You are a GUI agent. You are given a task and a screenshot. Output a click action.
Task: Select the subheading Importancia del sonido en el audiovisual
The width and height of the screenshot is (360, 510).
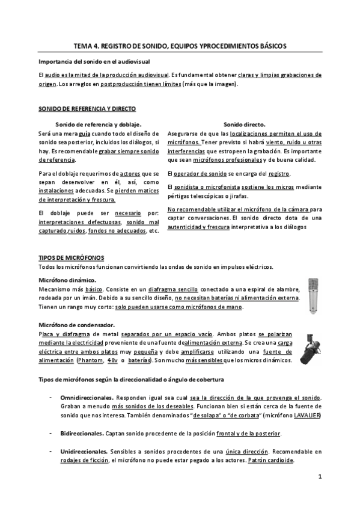(94, 62)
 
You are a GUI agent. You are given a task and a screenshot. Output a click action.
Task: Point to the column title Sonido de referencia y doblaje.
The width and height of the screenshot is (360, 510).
(103, 124)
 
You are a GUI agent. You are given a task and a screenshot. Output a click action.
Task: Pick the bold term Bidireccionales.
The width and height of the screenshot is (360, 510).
(82, 434)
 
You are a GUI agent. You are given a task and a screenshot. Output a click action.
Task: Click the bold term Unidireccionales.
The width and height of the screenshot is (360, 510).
(85, 451)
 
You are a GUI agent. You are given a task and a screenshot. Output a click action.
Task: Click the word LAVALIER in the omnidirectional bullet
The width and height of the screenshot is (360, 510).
(307, 416)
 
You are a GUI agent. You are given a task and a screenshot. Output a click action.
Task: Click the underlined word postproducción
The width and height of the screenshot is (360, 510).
(123, 84)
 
